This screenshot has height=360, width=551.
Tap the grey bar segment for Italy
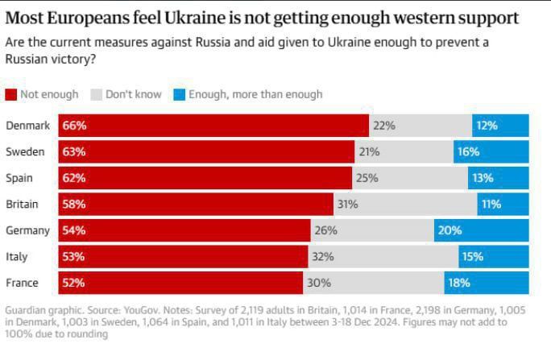click(x=383, y=257)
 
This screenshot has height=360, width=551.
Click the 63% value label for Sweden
click(x=74, y=151)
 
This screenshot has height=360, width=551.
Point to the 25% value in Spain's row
click(x=367, y=178)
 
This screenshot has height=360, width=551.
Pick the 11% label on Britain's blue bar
click(x=491, y=205)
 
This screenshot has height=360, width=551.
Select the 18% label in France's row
click(x=458, y=283)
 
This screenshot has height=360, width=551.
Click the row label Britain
click(x=22, y=205)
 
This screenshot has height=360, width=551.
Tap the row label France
click(x=22, y=283)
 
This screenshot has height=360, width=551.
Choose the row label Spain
click(x=19, y=178)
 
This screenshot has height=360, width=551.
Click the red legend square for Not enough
click(x=11, y=94)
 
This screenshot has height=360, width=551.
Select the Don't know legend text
click(x=133, y=94)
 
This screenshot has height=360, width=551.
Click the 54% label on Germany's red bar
click(x=74, y=230)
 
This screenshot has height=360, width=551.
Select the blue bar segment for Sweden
click(x=491, y=151)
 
